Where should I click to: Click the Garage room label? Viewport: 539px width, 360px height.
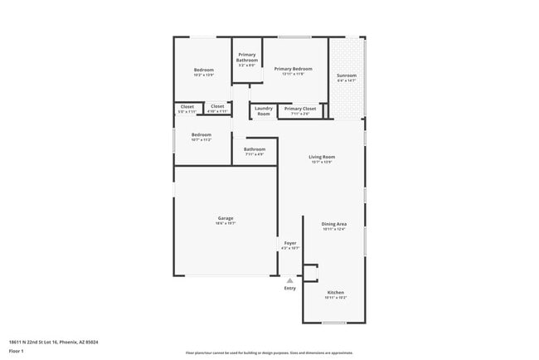225,218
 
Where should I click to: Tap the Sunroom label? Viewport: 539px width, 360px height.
346,75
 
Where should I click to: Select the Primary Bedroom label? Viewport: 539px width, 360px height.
294,69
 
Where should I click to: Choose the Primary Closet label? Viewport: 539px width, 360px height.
299,108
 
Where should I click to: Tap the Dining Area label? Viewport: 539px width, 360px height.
334,224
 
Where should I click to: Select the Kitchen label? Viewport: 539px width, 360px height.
335,292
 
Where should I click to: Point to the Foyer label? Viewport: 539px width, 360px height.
289,243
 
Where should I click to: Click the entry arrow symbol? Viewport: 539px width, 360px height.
289,280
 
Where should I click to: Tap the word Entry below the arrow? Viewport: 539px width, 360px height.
289,288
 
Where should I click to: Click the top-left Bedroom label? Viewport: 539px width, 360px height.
204,70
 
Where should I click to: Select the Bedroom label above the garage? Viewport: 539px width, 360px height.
202,134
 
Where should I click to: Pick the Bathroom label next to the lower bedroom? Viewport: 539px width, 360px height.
254,149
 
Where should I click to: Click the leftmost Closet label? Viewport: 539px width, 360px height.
187,106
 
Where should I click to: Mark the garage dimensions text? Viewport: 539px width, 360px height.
225,223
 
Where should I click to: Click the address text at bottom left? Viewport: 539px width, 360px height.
53,341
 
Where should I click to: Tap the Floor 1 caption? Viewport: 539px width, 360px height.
17,351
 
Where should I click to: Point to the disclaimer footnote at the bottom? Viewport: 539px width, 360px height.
269,353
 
